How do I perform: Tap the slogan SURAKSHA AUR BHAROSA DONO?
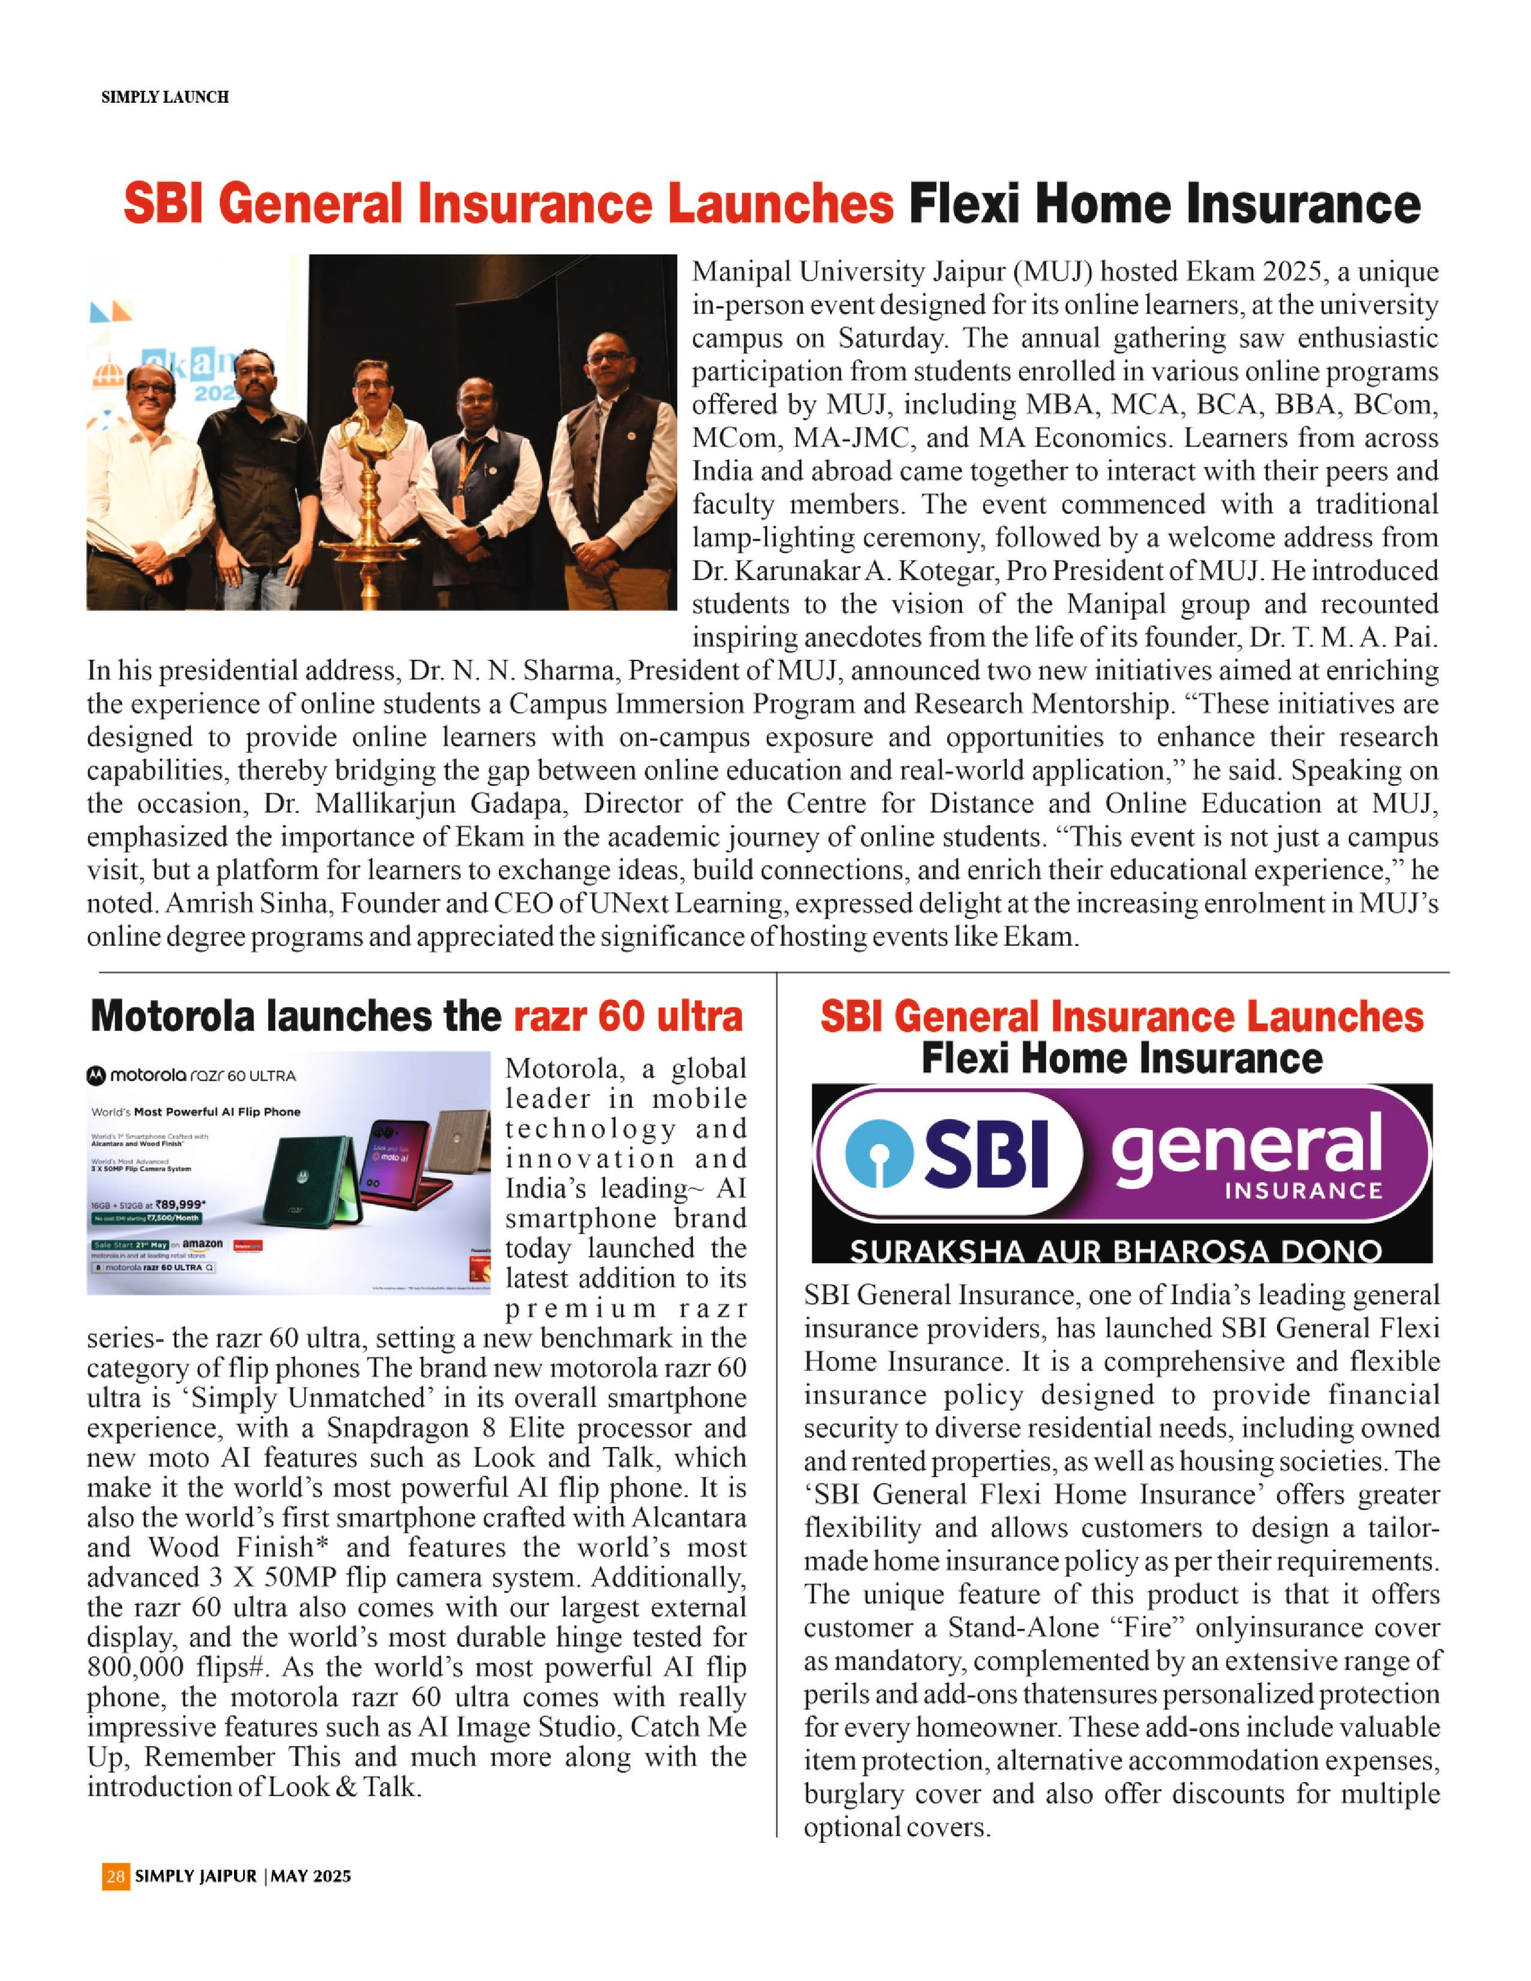[x=1116, y=1252]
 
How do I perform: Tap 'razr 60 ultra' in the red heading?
[x=627, y=1017]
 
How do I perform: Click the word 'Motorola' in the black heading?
[x=172, y=1017]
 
